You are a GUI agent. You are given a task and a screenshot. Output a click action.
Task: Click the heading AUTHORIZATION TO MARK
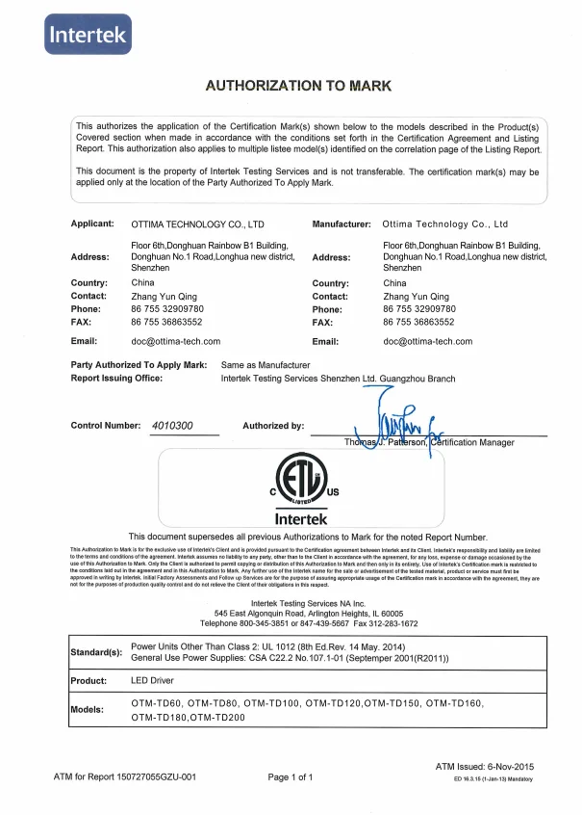coord(299,86)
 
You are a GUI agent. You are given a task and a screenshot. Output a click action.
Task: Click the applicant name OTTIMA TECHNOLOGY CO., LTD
coord(197,223)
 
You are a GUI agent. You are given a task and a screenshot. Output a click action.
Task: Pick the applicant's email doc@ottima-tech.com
coord(175,341)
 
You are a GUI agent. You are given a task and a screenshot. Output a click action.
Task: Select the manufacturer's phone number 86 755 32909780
coord(419,309)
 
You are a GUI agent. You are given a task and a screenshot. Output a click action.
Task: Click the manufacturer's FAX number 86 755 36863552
coord(418,322)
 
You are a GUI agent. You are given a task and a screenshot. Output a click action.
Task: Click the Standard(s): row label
coord(97,652)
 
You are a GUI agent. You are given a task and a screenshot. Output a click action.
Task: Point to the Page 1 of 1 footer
coord(291,776)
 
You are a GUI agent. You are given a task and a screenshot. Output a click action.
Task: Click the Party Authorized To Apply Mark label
coord(139,365)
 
